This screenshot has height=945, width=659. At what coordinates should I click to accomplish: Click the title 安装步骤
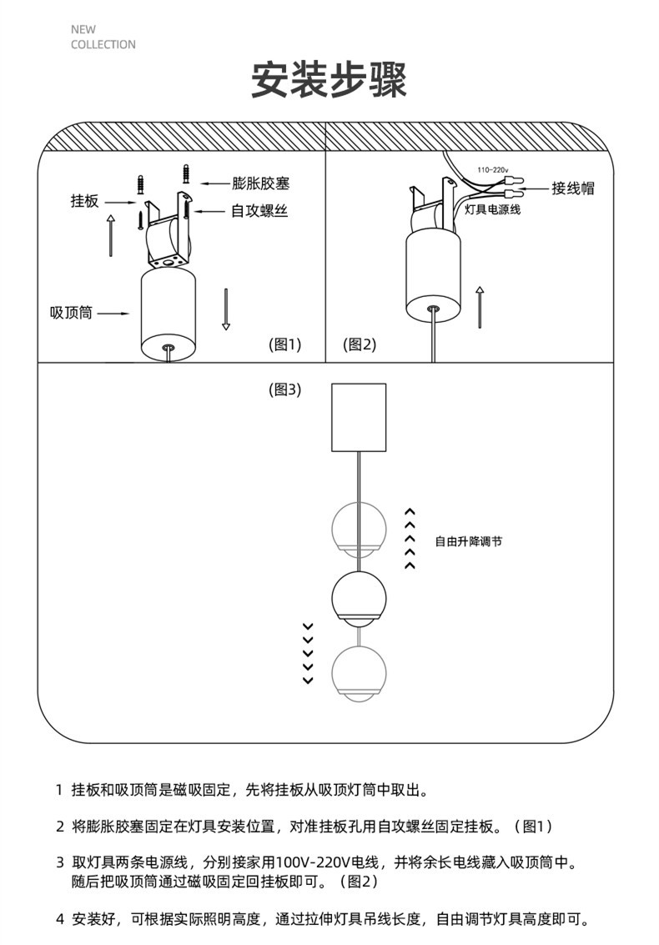pos(329,80)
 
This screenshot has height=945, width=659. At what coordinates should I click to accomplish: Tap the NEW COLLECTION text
pos(103,38)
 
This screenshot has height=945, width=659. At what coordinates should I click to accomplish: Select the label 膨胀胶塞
pos(261,183)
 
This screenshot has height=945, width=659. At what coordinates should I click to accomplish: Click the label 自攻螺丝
pos(259,211)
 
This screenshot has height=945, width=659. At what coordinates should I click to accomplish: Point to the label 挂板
pos(84,201)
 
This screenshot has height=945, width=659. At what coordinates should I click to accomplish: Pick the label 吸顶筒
pos(71,314)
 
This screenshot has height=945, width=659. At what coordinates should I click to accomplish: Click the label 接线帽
pos(573,188)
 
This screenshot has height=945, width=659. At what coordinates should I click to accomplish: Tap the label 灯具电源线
pos(492,210)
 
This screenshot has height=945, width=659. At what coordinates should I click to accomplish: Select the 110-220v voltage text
pos(492,169)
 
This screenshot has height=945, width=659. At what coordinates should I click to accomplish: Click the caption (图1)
pos(284,344)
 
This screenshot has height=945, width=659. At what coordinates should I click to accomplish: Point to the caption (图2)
pos(360,344)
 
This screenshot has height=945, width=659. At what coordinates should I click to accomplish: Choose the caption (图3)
pos(284,389)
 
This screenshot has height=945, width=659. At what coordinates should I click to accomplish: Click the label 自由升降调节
pos(469,541)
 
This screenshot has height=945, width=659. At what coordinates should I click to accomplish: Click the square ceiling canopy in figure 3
pos(359,416)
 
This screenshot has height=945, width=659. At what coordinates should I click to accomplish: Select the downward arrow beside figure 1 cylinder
pos(225,309)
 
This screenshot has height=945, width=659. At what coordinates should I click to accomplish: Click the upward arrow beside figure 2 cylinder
pos(480,306)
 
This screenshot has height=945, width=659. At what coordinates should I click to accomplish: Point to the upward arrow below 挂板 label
pos(111,235)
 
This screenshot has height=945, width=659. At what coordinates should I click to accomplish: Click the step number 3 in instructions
pos(59,861)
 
